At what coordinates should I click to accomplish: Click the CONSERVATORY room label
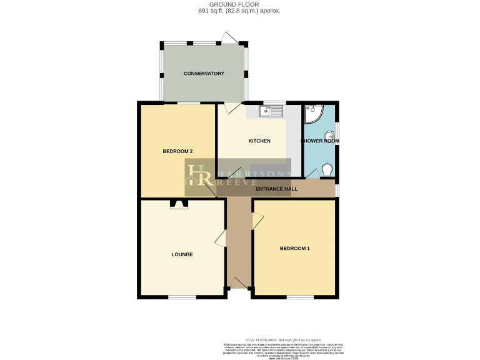(x=204, y=74)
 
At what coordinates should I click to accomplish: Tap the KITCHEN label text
(x=259, y=141)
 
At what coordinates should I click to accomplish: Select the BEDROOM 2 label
(x=177, y=151)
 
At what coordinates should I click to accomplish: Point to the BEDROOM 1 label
(x=294, y=249)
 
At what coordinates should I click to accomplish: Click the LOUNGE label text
(x=182, y=254)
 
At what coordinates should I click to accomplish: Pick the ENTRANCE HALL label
(x=276, y=189)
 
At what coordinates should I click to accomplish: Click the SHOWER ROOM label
(x=321, y=141)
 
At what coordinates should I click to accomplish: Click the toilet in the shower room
(x=326, y=169)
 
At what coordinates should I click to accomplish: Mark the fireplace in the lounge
(x=179, y=204)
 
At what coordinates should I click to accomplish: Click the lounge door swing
(x=220, y=238)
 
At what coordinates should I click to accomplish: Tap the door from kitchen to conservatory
(x=231, y=107)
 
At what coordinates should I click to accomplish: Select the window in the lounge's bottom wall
(x=181, y=296)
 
